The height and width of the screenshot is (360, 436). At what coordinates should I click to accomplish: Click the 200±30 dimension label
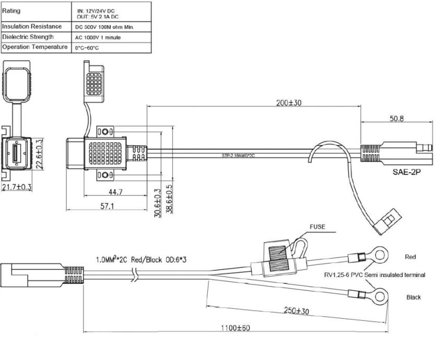pos(289,103)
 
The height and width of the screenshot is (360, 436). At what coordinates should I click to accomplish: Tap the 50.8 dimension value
pos(396,118)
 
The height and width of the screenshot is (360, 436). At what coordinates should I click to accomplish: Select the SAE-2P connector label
pos(407,172)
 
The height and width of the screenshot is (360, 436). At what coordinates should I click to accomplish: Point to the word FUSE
pos(317,226)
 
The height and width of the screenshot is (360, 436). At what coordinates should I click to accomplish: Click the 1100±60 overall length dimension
pos(235,328)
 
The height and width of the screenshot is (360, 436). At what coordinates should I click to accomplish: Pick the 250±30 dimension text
pos(297,310)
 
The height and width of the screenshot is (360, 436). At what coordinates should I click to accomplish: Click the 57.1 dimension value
pos(107,206)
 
